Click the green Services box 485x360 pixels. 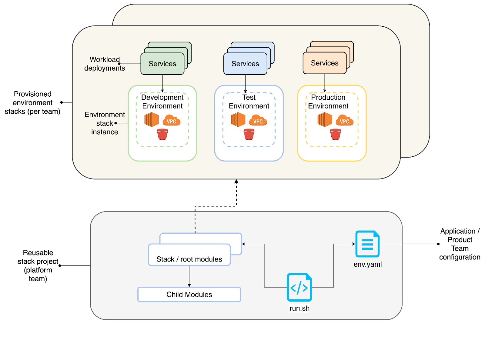pyautogui.click(x=162, y=64)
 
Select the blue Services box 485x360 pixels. pyautogui.click(x=245, y=64)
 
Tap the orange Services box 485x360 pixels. pyautogui.click(x=324, y=63)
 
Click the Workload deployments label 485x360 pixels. pyautogui.click(x=105, y=64)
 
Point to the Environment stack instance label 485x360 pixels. pyautogui.click(x=105, y=123)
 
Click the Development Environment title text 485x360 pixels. pyautogui.click(x=162, y=102)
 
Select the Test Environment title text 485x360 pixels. pyautogui.click(x=249, y=102)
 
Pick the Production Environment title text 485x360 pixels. pyautogui.click(x=328, y=102)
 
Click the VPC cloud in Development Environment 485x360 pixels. pyautogui.click(x=172, y=120)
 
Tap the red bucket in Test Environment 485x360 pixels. pyautogui.click(x=249, y=134)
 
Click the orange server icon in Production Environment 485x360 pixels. pyautogui.click(x=325, y=119)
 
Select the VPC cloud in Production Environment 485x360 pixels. pyautogui.click(x=345, y=120)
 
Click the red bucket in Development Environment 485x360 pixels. pyautogui.click(x=162, y=134)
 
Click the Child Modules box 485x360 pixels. pyautogui.click(x=189, y=295)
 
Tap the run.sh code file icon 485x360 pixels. pyautogui.click(x=299, y=287)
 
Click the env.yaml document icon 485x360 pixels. pyautogui.click(x=367, y=244)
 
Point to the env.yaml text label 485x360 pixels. pyautogui.click(x=367, y=264)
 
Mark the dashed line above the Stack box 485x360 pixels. pyautogui.click(x=195, y=222)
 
